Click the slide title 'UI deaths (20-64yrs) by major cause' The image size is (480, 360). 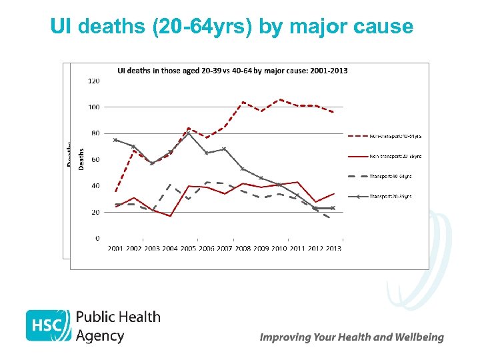[x=231, y=27]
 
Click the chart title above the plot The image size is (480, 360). [x=232, y=70]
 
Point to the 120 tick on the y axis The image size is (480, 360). [x=94, y=81]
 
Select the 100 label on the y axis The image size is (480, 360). [x=94, y=107]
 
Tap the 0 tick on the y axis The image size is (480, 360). [x=97, y=238]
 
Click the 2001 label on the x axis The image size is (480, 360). [x=116, y=249]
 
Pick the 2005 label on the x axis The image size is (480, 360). [x=189, y=249]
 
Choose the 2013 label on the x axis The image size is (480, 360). [x=333, y=249]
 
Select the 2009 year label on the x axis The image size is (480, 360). [x=261, y=249]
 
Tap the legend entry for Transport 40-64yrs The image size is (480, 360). [x=390, y=176]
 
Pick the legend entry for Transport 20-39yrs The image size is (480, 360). [x=390, y=196]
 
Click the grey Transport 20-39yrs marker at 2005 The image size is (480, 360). [x=189, y=133]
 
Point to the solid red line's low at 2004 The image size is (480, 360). [x=171, y=216]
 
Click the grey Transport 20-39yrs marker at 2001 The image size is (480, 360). [x=116, y=140]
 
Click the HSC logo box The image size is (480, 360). [x=48, y=325]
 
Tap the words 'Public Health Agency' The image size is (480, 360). [x=118, y=326]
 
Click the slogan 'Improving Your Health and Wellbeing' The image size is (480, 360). [x=351, y=337]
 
